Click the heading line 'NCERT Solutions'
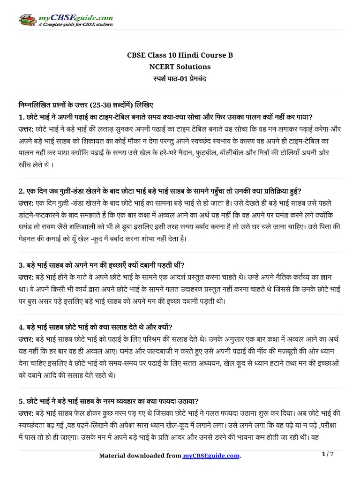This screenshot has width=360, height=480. click(180, 67)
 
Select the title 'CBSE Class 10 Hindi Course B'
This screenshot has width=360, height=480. click(180, 55)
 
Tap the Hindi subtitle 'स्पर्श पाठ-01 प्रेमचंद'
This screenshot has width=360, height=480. click(180, 78)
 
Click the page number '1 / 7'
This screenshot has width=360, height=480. click(328, 454)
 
